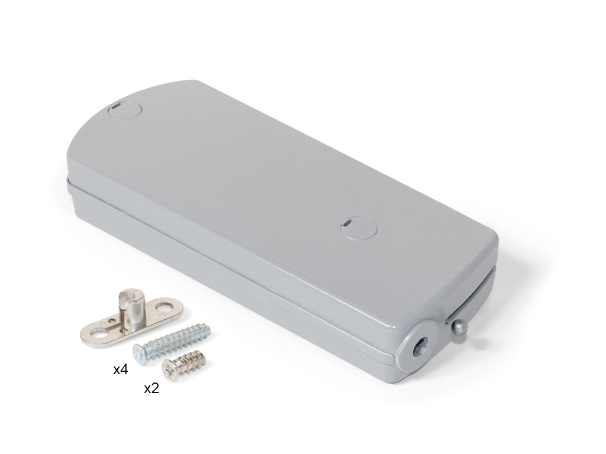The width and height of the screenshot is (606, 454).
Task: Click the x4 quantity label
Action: (x=121, y=370)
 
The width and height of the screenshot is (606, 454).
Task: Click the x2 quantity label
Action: (x=151, y=388)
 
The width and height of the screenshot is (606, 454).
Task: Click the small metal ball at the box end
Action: (x=459, y=327)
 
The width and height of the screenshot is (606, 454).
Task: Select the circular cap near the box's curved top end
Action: (x=125, y=111)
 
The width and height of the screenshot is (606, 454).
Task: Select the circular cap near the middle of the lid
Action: (x=360, y=226)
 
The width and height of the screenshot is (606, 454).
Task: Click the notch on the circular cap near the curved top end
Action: (x=117, y=108)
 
